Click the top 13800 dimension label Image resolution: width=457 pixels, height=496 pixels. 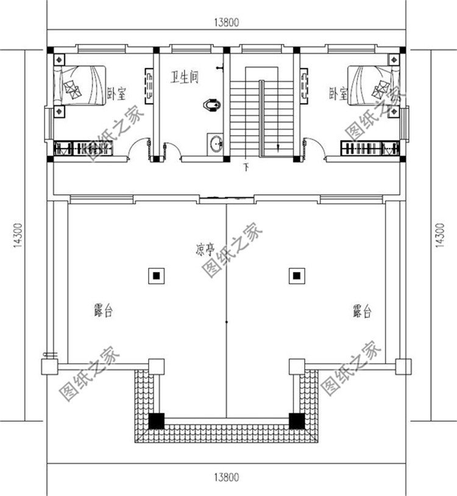226,23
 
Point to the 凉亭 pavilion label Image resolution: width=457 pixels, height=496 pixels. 205,249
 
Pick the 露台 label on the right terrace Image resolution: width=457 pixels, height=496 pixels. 361,312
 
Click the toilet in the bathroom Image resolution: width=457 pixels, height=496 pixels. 211,105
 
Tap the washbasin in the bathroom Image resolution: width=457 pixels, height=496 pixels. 216,144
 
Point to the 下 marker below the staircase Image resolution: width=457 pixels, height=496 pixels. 246,166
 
